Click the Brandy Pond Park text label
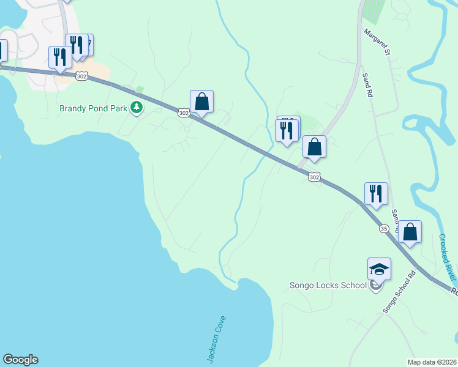coord(93,109)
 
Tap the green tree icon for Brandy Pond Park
coord(136,109)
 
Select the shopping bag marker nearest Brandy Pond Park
coord(201,102)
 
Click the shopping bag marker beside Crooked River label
coord(410,232)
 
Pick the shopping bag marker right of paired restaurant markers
coord(314,147)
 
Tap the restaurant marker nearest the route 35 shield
coord(376,193)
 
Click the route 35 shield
coord(384,229)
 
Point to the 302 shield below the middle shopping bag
coord(313,177)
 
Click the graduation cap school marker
coord(379,269)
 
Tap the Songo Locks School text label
coord(328,285)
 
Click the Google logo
coord(20,360)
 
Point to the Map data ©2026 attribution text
coord(432,362)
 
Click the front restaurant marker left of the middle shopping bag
coord(286,131)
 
